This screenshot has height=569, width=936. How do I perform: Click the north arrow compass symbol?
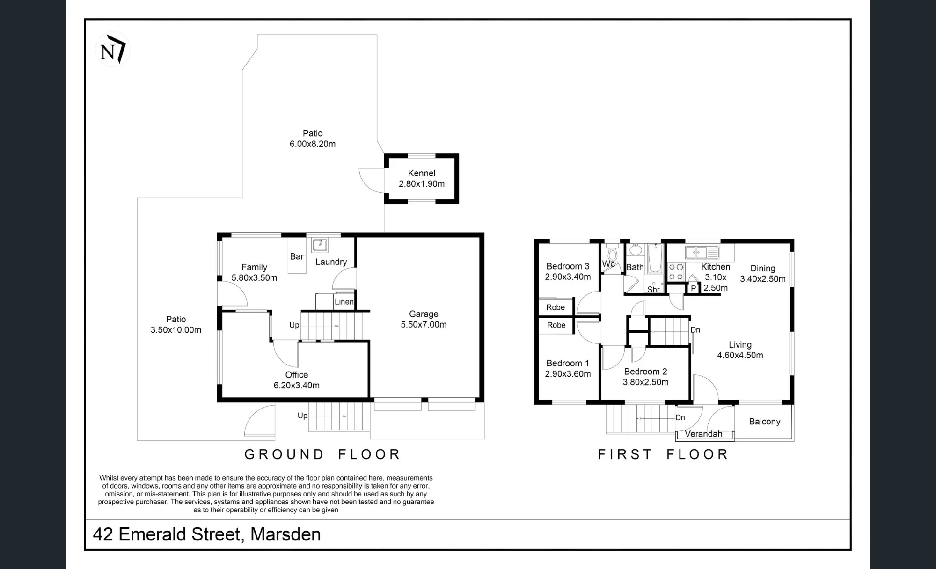[x=113, y=49]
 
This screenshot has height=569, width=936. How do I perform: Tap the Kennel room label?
[x=422, y=178]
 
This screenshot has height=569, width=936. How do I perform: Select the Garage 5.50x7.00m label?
[x=424, y=319]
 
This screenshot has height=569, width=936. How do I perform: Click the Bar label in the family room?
[x=297, y=256]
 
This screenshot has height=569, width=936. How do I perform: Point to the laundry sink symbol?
[x=320, y=245]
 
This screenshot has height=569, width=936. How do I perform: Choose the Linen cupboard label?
[x=344, y=302]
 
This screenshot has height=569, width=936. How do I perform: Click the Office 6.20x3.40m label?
[x=297, y=380]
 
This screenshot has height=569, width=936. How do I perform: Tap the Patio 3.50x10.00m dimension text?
[x=176, y=324]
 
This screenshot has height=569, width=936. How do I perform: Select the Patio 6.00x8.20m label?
[x=313, y=139]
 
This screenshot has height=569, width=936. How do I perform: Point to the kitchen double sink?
[x=702, y=253]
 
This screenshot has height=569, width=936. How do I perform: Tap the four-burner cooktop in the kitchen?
[x=676, y=272]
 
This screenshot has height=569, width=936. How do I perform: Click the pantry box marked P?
[x=693, y=288]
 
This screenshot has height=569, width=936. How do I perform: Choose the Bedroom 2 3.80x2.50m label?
[x=645, y=377]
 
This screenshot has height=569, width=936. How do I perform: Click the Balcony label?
[x=765, y=422]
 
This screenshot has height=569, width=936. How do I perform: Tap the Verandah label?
[x=703, y=434]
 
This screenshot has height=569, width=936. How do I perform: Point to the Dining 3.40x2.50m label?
[x=763, y=274]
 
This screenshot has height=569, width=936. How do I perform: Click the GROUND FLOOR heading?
[x=322, y=454]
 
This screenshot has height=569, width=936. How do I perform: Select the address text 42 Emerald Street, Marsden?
[x=207, y=534]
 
